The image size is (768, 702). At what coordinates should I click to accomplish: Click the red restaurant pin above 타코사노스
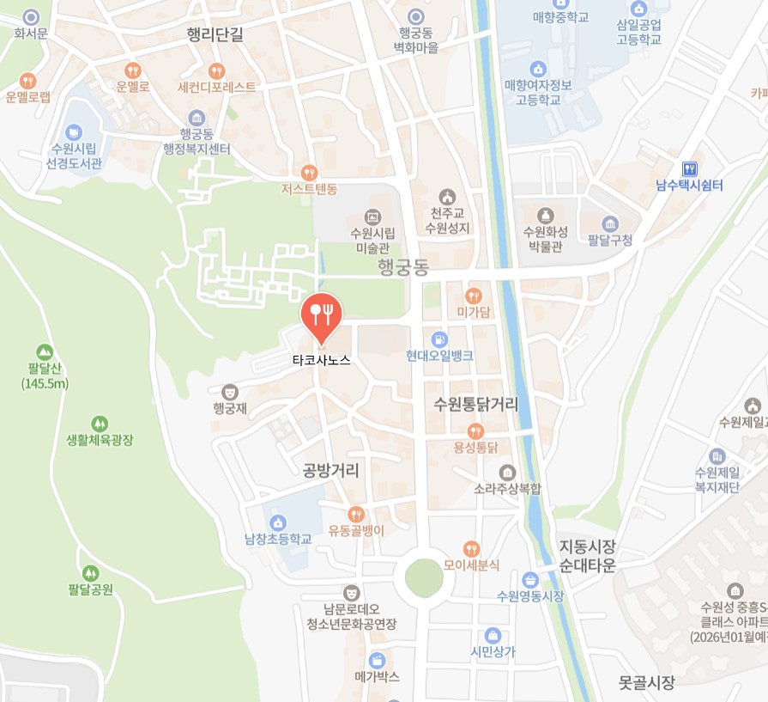(322, 314)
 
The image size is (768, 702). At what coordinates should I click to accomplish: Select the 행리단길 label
(215, 34)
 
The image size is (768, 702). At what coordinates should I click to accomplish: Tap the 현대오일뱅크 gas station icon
(439, 339)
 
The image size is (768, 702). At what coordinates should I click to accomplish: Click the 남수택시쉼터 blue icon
(689, 168)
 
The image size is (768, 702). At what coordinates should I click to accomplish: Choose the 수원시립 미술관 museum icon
(372, 217)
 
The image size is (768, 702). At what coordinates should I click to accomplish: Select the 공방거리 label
(331, 470)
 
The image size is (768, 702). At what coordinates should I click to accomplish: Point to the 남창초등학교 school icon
(277, 522)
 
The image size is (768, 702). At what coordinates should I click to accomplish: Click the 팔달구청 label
(610, 241)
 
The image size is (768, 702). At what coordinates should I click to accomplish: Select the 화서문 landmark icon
(32, 16)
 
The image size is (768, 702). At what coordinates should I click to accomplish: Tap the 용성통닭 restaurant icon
(475, 430)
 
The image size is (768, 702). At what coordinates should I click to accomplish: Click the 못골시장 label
(647, 684)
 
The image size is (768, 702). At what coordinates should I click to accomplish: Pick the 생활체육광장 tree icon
(100, 424)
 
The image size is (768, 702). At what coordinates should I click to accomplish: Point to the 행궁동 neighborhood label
(403, 268)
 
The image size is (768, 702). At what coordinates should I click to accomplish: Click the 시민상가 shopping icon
(493, 635)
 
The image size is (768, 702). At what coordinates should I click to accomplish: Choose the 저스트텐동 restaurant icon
(310, 173)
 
